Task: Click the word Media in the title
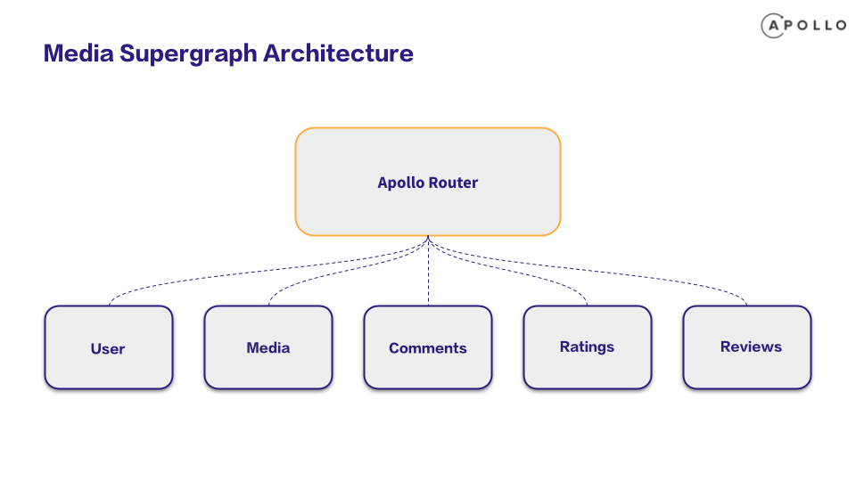click(x=78, y=53)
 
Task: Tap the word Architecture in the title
click(x=339, y=53)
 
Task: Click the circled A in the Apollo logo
click(x=773, y=26)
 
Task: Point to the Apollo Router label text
click(x=427, y=183)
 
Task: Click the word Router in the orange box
click(x=453, y=182)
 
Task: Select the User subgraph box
click(x=109, y=347)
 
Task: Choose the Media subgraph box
click(x=268, y=347)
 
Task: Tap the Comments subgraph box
click(x=428, y=347)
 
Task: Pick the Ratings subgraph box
click(x=588, y=347)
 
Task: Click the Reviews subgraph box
click(x=747, y=347)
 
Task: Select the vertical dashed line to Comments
click(x=429, y=271)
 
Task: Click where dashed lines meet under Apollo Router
click(x=429, y=237)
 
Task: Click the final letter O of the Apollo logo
click(x=841, y=26)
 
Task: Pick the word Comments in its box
click(x=427, y=348)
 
